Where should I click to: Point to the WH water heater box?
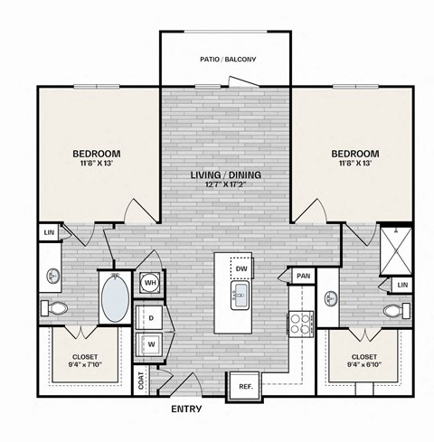coord(149,282)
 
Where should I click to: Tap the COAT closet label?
coord(141,381)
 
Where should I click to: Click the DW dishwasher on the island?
coord(241,268)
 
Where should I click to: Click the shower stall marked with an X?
coord(395,247)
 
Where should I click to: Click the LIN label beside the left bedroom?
coord(48,233)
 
